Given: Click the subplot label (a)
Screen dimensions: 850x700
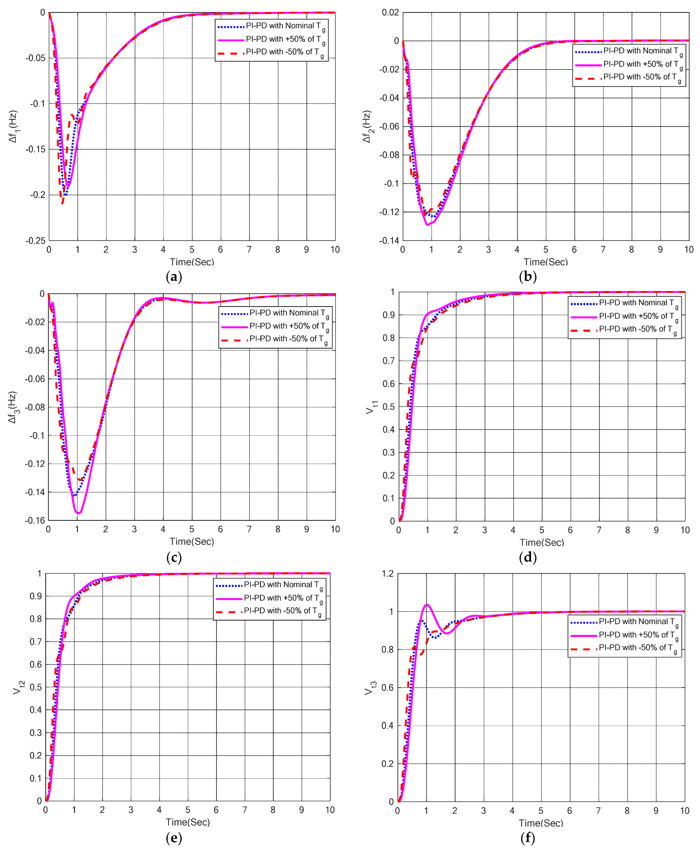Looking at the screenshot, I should point(173,277).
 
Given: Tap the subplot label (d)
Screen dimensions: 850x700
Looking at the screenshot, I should point(527,557).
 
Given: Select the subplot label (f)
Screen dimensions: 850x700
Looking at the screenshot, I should point(527,838).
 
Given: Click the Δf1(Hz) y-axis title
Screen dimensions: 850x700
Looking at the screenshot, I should point(13,126).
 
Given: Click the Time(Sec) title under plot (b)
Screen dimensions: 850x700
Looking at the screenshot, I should point(545,262).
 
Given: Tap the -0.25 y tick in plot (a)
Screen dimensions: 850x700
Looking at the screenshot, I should point(35,240).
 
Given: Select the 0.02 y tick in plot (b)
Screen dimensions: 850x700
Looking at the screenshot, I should point(390,12).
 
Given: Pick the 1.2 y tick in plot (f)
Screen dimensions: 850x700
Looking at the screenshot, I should point(387,574).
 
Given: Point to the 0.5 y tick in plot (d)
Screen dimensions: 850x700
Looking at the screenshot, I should point(389,407).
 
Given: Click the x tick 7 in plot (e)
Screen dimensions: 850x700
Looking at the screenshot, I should point(244,810).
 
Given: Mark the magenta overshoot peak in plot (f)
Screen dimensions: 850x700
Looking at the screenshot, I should point(427,605).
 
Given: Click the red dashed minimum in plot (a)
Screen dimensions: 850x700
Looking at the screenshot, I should point(63,203).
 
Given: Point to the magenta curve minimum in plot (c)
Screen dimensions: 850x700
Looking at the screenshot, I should point(79,513).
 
